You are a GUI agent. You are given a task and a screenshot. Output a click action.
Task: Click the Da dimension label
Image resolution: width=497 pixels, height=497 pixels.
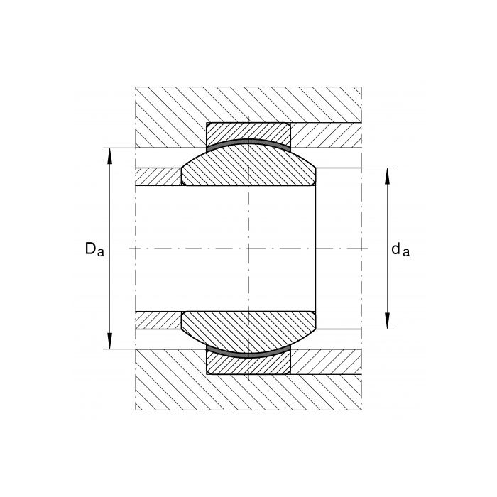pyautogui.click(x=94, y=249)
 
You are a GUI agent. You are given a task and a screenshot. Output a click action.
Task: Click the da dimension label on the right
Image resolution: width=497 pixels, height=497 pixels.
pyautogui.click(x=400, y=249)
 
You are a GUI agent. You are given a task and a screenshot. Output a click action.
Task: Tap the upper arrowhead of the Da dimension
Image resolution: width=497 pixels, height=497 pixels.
pyautogui.click(x=109, y=156)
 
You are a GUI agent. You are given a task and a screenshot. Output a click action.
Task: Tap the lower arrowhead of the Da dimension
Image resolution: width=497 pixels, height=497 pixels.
pyautogui.click(x=109, y=341)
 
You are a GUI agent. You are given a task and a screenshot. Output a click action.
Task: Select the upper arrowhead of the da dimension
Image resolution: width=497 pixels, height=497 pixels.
pyautogui.click(x=387, y=176)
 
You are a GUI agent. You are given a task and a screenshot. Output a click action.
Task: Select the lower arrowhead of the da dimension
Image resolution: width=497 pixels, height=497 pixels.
pyautogui.click(x=387, y=321)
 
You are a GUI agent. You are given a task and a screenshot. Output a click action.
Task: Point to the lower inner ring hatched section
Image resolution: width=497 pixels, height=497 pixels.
pyautogui.click(x=248, y=327)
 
